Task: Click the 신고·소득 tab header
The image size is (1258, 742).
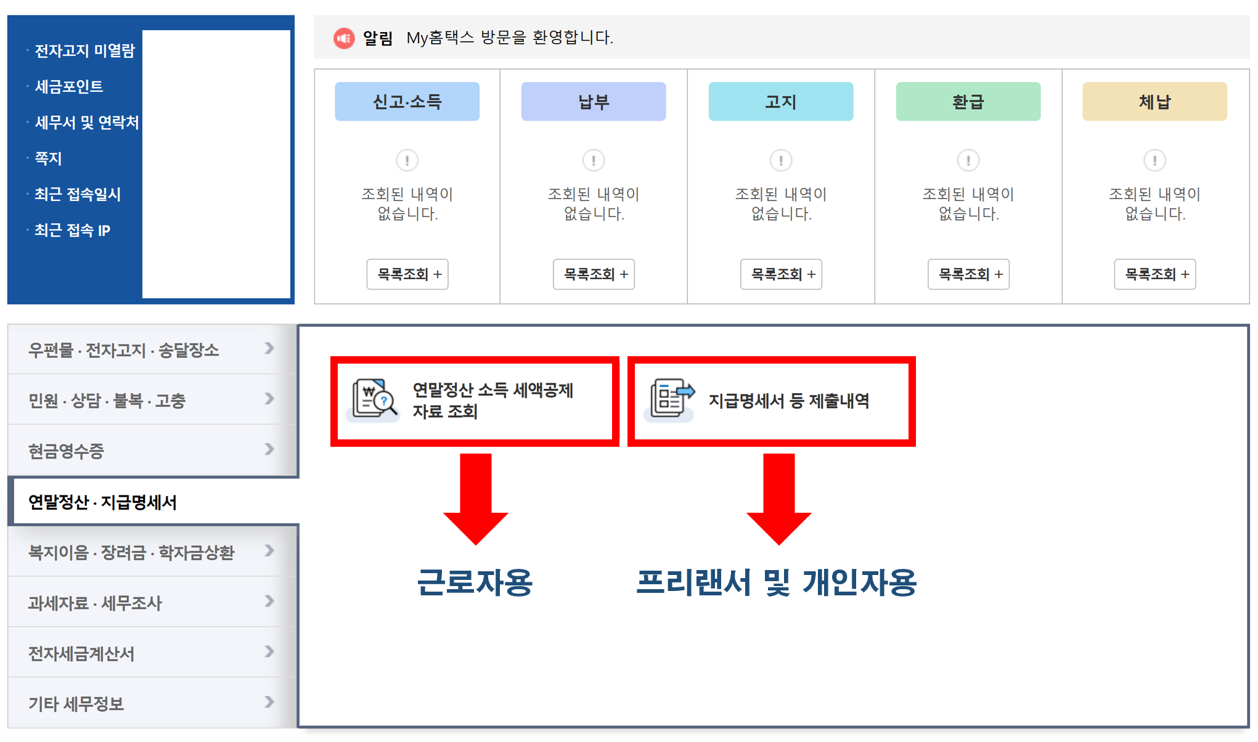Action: [x=407, y=102]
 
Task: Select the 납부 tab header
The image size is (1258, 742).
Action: [x=594, y=102]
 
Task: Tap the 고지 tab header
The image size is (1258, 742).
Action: [x=780, y=102]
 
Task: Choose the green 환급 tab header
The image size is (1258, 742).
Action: [x=968, y=102]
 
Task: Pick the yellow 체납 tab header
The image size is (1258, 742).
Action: [x=1154, y=102]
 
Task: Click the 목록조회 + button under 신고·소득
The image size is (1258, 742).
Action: [x=407, y=274]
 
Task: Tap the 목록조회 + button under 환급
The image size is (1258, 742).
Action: [x=968, y=274]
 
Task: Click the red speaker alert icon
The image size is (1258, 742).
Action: [x=344, y=38]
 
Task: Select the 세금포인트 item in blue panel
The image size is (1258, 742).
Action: [x=69, y=87]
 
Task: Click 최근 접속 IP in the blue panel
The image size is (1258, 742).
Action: [x=73, y=230]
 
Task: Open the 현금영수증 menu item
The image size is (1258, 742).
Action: [x=67, y=451]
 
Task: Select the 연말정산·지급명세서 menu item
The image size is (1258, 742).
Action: [x=103, y=502]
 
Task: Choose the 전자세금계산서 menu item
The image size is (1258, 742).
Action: [x=81, y=653]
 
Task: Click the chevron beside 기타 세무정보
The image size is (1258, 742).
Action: [x=269, y=702]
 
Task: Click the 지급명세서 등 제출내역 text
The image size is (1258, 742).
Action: [x=789, y=401]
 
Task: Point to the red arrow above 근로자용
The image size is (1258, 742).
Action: [x=475, y=498]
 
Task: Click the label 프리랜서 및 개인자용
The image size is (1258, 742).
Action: [x=776, y=582]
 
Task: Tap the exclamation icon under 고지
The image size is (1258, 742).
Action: [x=781, y=160]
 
